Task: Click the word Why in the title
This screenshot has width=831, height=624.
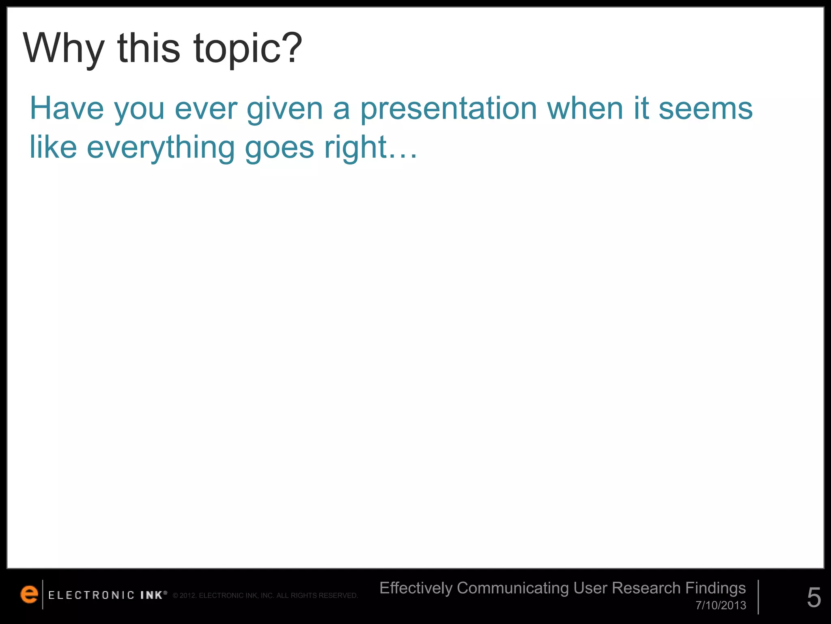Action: [x=64, y=49]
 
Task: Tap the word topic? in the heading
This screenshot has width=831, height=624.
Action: [x=248, y=49]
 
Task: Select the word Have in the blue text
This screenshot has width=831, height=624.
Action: [x=67, y=108]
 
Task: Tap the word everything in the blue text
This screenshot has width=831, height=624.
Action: [x=161, y=148]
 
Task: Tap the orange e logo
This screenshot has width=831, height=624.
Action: [x=29, y=594]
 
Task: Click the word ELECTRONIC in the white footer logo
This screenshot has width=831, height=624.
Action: [x=91, y=595]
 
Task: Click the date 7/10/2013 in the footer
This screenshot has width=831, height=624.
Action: [x=721, y=605]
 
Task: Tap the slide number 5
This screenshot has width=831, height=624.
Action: [x=814, y=598]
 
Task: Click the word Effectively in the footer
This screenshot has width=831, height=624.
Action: [x=416, y=588]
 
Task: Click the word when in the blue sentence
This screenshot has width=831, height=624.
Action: [x=585, y=108]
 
